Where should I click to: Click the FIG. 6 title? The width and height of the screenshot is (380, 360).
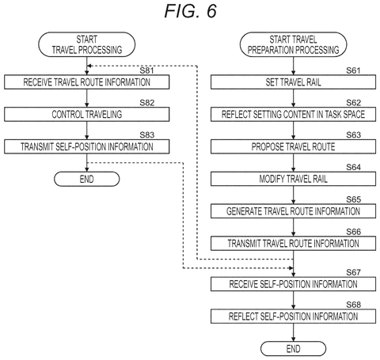(190, 11)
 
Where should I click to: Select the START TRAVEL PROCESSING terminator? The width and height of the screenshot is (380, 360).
(87, 44)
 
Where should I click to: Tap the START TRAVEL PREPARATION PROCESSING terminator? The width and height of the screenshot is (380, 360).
(293, 44)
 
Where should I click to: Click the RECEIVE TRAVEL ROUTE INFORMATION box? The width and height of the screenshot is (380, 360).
(87, 82)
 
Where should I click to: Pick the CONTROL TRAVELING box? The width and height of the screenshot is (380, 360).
(87, 114)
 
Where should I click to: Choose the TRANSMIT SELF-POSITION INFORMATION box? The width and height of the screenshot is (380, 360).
(87, 146)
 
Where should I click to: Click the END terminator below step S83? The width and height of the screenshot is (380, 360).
(87, 179)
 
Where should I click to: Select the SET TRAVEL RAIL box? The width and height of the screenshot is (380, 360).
(293, 82)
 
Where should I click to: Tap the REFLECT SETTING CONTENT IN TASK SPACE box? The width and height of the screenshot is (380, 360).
(293, 114)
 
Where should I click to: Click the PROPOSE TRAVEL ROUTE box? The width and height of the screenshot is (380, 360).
(293, 146)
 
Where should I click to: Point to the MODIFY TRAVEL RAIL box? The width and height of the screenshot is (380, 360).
(293, 179)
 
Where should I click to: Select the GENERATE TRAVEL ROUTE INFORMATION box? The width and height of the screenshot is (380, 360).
(293, 211)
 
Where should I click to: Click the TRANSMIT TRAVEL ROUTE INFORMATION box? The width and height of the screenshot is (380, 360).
(293, 243)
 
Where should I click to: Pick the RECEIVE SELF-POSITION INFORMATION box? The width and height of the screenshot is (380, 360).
(293, 284)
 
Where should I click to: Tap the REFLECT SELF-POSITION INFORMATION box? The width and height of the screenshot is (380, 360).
(293, 316)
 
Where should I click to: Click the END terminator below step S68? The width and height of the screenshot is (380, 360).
(293, 349)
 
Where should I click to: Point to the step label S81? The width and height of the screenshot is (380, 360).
(146, 70)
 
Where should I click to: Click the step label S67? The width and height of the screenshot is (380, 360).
(353, 272)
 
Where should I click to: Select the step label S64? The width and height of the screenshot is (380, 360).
(353, 167)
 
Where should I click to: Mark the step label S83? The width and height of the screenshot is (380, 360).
(146, 135)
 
